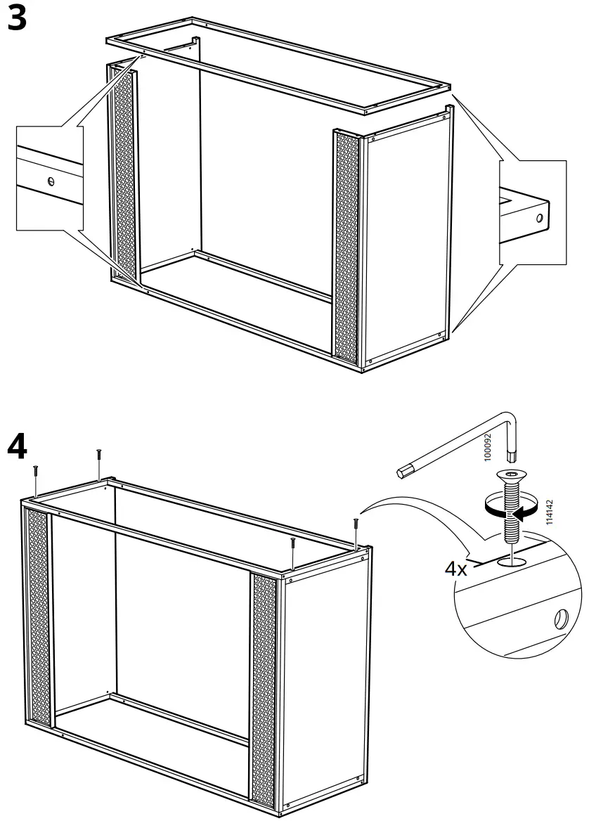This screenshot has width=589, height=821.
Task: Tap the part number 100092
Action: tap(489, 446)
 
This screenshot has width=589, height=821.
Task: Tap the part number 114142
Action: tap(550, 511)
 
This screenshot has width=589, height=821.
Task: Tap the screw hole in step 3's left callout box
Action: tap(51, 181)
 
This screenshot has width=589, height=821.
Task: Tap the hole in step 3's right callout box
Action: tap(539, 218)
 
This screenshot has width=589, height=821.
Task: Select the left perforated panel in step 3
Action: tap(124, 176)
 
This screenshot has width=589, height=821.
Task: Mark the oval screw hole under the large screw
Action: tap(512, 561)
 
